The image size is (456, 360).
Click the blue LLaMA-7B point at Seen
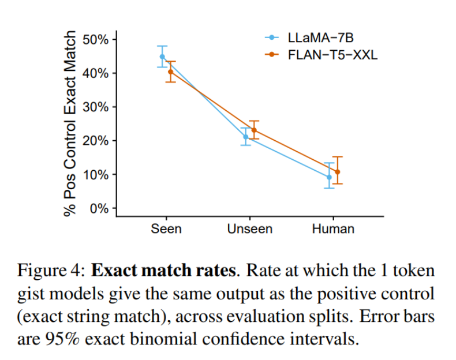pos(162,57)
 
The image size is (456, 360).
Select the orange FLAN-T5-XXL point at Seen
pos(170,72)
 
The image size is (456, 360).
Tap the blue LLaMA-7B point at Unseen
pos(246,137)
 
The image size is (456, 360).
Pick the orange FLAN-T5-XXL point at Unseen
pos(254,130)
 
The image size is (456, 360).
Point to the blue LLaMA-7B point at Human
pos(329,177)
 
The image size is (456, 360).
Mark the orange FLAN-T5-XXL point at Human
pos(338,172)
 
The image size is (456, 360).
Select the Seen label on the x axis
pos(166,229)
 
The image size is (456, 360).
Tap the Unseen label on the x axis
pos(250,229)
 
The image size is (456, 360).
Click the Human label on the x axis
pos(333,229)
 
